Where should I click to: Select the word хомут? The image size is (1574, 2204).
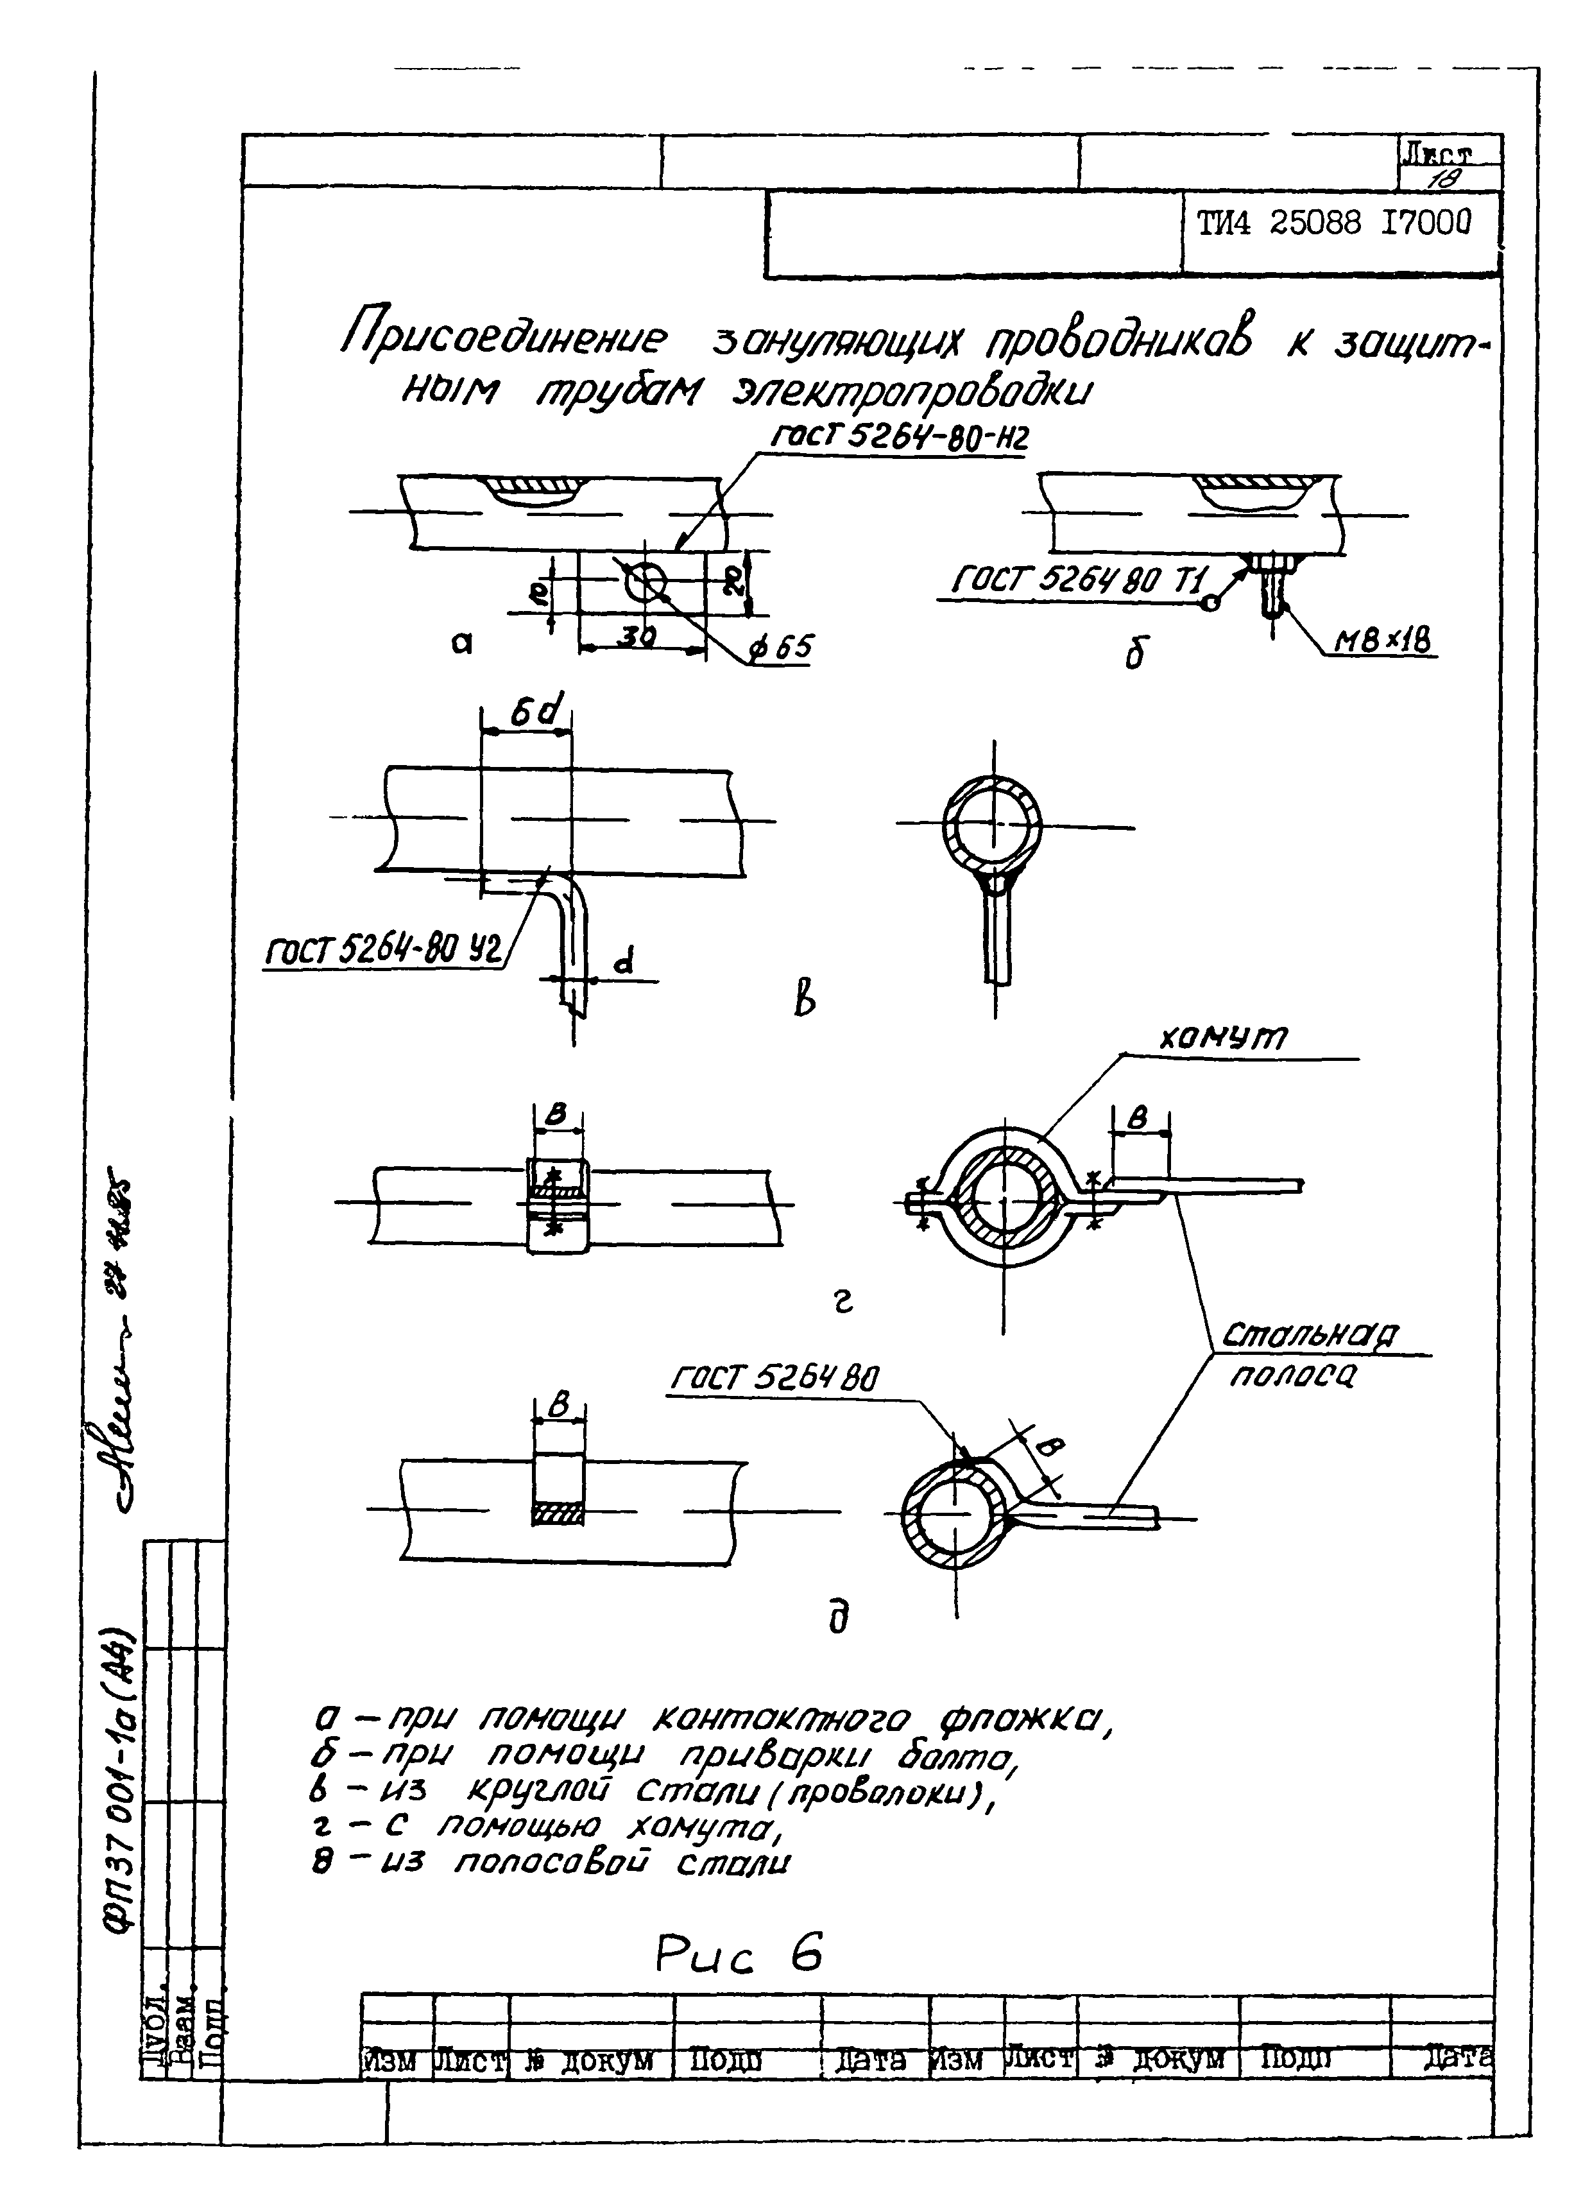[1223, 1039]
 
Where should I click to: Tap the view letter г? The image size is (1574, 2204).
[843, 1304]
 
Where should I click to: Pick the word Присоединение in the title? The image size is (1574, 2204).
[504, 340]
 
